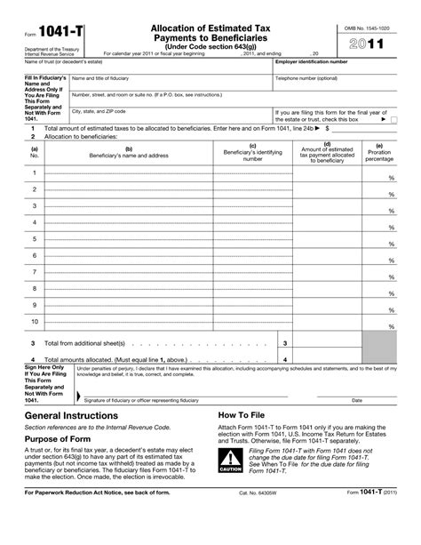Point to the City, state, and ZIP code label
click(99, 111)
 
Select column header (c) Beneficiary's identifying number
click(253, 152)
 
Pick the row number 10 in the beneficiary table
click(35, 321)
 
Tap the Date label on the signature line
click(357, 400)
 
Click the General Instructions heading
click(71, 415)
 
